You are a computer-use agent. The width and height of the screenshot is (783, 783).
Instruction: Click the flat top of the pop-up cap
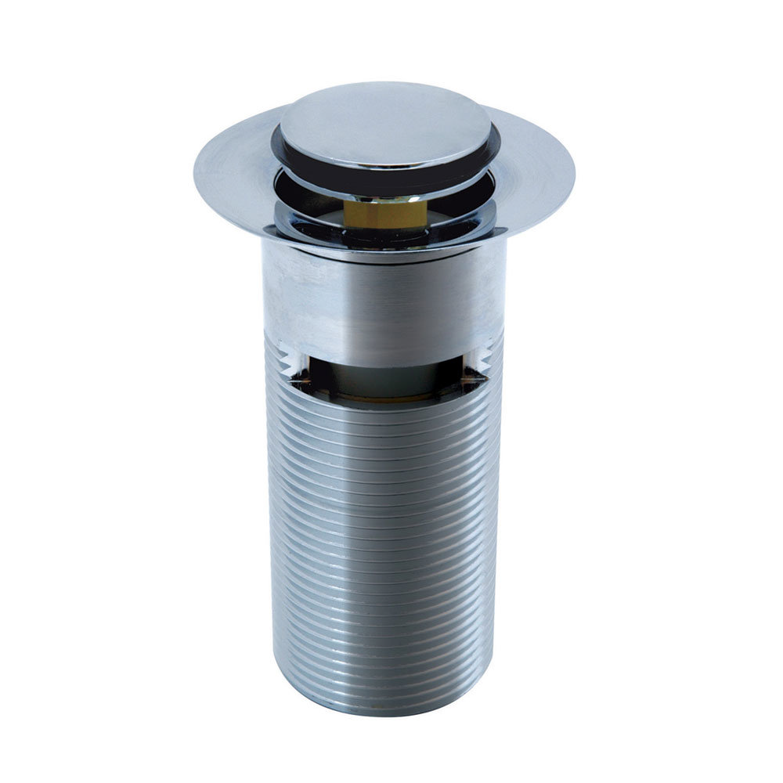tap(385, 125)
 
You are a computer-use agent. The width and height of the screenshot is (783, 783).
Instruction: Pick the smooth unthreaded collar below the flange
tap(384, 298)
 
